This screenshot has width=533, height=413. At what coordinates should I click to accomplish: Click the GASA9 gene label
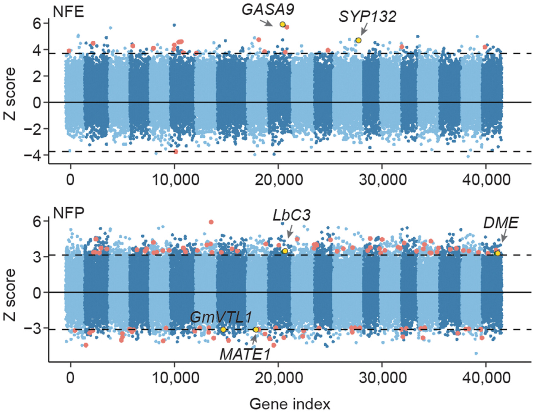268,9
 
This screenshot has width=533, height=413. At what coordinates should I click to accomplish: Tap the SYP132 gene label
367,16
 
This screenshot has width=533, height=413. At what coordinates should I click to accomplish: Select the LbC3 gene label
291,215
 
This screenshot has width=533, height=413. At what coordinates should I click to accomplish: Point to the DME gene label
501,223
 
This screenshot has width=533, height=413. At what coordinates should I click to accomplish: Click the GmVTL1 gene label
221,317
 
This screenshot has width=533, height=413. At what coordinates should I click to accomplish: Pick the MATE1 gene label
245,354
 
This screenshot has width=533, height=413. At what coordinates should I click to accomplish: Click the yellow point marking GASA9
283,24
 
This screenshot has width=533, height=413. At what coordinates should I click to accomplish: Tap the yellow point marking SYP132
358,40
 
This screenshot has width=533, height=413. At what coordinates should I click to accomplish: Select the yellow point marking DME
497,253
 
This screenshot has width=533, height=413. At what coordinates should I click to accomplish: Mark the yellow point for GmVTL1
223,330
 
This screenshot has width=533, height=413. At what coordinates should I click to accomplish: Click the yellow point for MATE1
256,330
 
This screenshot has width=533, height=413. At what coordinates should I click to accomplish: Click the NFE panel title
68,12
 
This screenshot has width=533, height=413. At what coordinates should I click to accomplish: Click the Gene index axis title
290,404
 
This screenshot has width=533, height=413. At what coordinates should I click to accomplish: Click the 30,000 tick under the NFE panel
382,179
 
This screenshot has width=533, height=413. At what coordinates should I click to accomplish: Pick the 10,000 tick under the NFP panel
175,377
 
